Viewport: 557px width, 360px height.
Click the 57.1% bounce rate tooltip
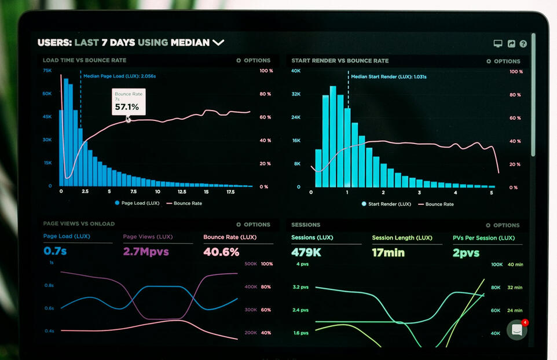(129, 102)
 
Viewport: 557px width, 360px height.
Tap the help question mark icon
(523, 43)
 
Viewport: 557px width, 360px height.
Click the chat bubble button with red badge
(517, 330)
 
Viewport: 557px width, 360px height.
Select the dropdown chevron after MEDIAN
(218, 43)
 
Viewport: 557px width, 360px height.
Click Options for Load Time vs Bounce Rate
(253, 60)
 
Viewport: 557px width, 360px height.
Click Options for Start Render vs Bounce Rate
(503, 61)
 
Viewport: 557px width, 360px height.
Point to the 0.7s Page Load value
(55, 251)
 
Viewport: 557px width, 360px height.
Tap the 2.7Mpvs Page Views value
(146, 251)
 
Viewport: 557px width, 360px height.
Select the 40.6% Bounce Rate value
(221, 252)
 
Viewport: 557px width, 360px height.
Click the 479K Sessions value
(306, 252)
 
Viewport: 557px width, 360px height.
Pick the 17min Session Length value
(389, 252)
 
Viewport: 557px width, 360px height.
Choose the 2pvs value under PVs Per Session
(466, 253)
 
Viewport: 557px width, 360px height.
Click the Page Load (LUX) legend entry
(137, 203)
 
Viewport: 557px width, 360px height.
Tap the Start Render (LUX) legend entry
(386, 204)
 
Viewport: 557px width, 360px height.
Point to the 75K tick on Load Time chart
(47, 71)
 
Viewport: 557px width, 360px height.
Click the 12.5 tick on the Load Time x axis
(182, 192)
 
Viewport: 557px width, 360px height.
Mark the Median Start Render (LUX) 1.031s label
(389, 76)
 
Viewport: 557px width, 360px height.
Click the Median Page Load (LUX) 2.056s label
(119, 76)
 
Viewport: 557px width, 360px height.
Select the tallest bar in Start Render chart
(333, 137)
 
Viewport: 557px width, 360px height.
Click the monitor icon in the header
(498, 43)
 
